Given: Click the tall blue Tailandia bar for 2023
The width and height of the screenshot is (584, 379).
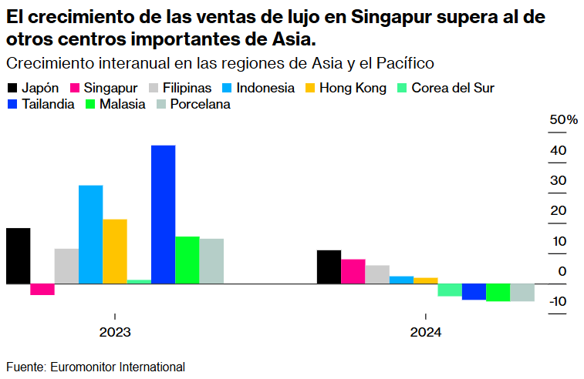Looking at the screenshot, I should (x=163, y=214).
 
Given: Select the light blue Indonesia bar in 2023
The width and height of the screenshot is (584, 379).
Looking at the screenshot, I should (x=90, y=234).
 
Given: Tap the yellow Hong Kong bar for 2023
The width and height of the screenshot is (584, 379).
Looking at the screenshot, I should (x=115, y=251).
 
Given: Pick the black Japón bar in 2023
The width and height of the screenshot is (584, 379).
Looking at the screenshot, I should (x=18, y=256).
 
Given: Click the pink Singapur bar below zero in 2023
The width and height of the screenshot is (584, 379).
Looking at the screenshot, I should (x=42, y=289).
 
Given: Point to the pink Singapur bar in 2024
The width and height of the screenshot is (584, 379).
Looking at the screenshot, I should (x=353, y=271).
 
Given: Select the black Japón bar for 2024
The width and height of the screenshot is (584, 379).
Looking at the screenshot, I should (x=329, y=267).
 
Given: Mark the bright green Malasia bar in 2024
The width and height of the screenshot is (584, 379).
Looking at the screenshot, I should (x=498, y=292).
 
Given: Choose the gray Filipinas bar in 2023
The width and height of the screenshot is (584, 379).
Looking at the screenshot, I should (x=66, y=266).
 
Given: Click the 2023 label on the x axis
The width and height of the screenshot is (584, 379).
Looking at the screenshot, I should (x=114, y=333).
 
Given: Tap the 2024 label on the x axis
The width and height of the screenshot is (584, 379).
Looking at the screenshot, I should (x=426, y=333).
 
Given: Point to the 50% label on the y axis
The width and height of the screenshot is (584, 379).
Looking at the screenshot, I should (x=563, y=120).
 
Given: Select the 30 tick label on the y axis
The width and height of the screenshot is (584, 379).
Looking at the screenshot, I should (x=559, y=180).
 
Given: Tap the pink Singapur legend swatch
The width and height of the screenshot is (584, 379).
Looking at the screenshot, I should (x=76, y=88).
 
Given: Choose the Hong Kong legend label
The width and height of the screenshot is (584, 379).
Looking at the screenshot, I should (x=352, y=88).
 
